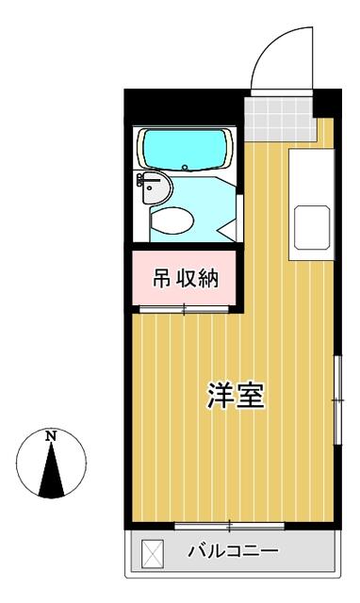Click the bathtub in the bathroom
185,147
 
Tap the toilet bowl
172,220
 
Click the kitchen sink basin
311,226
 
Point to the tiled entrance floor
279,117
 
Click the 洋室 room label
236,397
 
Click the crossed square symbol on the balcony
152,551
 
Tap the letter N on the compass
52,436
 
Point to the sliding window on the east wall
336,401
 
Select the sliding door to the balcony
230,524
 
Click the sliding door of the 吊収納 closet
185,308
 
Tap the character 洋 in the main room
221,397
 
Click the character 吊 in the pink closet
162,278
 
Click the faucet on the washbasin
141,179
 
